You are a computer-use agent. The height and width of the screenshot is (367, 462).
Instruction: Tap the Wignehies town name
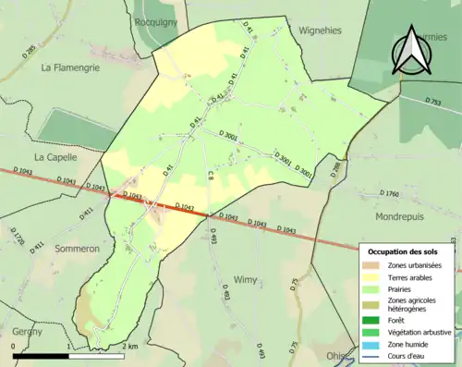[320, 30]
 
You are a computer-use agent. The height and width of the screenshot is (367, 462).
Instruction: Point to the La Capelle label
[55, 157]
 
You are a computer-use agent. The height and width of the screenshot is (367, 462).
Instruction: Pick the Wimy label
[246, 279]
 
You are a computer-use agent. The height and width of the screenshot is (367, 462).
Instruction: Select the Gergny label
[29, 331]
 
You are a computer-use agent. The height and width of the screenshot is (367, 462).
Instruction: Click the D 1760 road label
[389, 194]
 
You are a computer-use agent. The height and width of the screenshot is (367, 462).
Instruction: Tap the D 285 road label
[30, 51]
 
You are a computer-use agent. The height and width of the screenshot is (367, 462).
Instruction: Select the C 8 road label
[210, 175]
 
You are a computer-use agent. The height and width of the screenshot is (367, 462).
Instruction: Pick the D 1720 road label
[18, 238]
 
